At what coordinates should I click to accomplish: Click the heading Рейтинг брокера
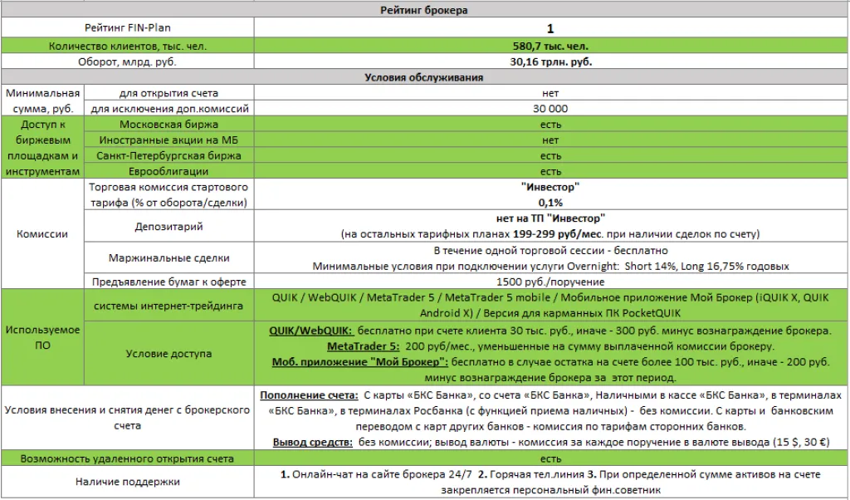(424, 10)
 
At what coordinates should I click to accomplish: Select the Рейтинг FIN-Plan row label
(126, 28)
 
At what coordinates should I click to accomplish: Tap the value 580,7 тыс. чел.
(550, 46)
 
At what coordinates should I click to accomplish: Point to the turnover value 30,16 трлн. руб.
(550, 61)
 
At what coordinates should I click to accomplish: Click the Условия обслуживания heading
(424, 77)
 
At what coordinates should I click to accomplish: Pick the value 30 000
(550, 109)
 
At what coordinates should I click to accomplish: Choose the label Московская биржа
(169, 125)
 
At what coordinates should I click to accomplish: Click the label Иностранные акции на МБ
(169, 140)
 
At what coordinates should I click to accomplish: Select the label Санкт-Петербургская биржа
(169, 155)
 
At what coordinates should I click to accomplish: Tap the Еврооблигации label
(169, 171)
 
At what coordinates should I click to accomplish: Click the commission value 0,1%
(550, 203)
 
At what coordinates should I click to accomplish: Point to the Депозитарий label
(169, 227)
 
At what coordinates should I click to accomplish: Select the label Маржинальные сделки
(169, 258)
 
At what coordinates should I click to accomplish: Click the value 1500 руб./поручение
(550, 282)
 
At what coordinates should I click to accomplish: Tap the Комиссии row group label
(42, 234)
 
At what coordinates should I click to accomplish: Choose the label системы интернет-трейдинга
(169, 306)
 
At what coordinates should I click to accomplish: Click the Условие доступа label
(169, 353)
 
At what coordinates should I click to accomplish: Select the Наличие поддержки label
(126, 481)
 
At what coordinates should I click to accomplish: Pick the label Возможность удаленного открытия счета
(126, 458)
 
